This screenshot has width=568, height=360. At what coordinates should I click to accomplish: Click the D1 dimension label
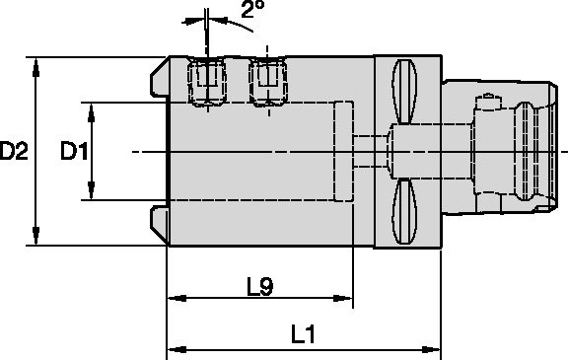[73, 152]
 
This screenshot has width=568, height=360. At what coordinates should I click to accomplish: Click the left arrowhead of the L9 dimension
[172, 298]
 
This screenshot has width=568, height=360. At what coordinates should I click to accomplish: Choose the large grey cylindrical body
[266, 178]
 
